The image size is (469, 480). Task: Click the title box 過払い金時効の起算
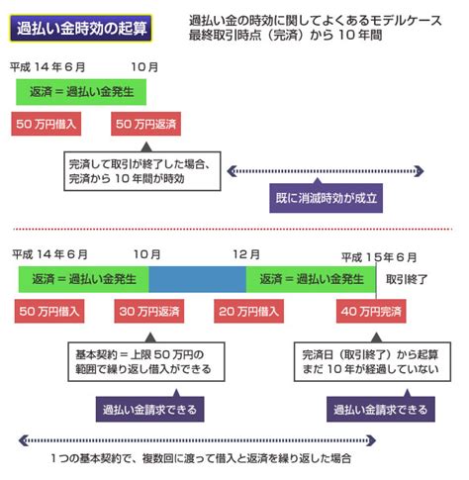81,28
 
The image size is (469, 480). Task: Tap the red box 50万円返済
145,124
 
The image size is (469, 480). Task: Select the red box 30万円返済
149,311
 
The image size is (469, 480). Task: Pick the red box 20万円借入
248,311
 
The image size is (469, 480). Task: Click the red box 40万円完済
371,311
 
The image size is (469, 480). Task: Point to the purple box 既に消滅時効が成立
326,198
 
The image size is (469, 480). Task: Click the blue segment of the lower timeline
197,279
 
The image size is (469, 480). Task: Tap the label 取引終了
407,280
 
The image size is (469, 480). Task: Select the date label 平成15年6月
379,257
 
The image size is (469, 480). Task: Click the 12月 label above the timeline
246,254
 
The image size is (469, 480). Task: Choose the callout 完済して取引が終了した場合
142,171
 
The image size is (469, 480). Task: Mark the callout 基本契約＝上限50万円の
146,362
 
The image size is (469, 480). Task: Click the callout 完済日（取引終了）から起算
372,362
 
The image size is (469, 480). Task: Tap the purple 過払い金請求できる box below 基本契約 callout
149,410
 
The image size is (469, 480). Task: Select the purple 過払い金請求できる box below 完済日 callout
381,410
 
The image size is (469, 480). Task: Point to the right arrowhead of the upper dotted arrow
421,171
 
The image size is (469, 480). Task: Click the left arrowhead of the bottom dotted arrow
23,440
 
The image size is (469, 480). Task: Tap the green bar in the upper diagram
81,92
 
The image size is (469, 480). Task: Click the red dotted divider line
233,229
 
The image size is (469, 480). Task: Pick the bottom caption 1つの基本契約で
201,458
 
